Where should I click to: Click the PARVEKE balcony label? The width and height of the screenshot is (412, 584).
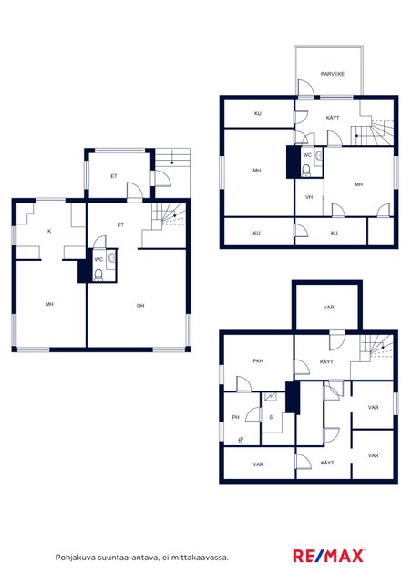[333, 74]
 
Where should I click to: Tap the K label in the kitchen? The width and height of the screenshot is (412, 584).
[49, 231]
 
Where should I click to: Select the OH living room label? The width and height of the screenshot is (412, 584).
[140, 306]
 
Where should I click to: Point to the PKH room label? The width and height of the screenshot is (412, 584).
[258, 361]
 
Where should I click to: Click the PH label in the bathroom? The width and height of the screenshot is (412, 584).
[235, 417]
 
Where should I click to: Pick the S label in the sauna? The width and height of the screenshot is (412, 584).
[271, 417]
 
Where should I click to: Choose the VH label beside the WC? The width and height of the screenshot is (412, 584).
[309, 197]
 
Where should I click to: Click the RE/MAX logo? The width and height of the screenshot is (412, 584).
[328, 556]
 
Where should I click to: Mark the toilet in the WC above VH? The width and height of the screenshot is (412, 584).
[306, 170]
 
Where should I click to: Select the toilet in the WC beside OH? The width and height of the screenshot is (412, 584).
[98, 275]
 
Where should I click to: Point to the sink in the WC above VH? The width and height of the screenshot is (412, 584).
[318, 156]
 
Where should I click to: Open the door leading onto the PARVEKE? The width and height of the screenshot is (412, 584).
[306, 88]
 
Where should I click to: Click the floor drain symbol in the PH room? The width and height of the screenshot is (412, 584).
[241, 440]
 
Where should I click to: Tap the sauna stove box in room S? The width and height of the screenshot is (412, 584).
[271, 397]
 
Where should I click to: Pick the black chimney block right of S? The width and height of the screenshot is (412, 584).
[293, 397]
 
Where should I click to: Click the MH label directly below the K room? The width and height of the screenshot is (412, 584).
[49, 304]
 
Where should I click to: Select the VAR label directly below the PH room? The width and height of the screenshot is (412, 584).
[258, 464]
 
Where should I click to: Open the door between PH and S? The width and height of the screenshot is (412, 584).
[253, 414]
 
